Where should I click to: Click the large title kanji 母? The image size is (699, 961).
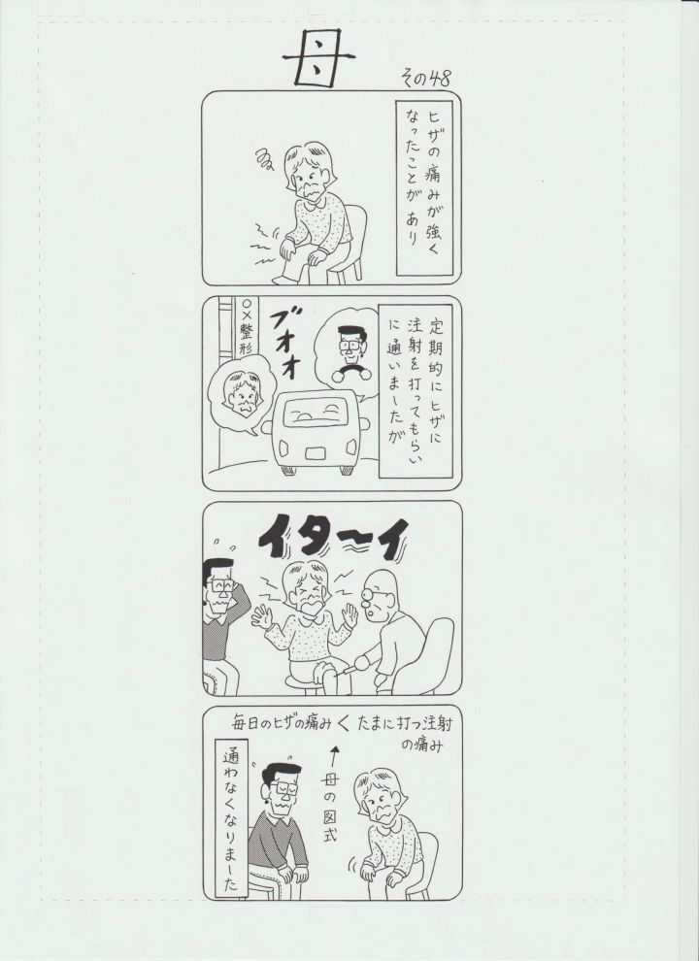(317, 59)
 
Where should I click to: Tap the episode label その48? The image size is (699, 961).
(425, 78)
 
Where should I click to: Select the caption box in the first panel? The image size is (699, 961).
(425, 188)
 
